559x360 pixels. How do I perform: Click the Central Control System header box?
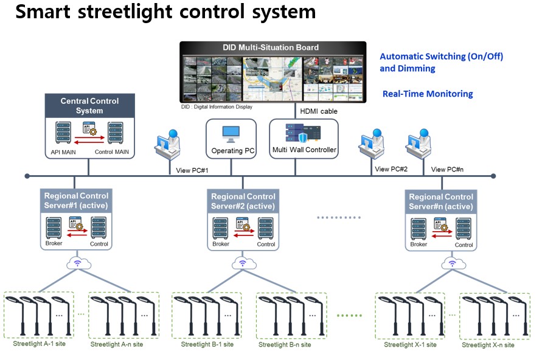pyautogui.click(x=89, y=106)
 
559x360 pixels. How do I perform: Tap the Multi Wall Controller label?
pyautogui.click(x=304, y=150)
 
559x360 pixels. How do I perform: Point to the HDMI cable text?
pyautogui.click(x=319, y=111)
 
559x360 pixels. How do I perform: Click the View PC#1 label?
pyautogui.click(x=192, y=170)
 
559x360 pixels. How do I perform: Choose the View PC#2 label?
pyautogui.click(x=391, y=169)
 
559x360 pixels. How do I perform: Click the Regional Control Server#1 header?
pyautogui.click(x=76, y=201)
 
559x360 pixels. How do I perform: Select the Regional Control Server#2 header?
pyautogui.click(x=243, y=201)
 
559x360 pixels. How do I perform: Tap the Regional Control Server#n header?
pyautogui.click(x=441, y=202)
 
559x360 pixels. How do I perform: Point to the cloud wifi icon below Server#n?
pyautogui.click(x=451, y=263)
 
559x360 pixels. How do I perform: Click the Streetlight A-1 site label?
pyautogui.click(x=40, y=344)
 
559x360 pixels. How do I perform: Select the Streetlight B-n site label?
pyautogui.click(x=285, y=345)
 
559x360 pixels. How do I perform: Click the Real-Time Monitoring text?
pyautogui.click(x=428, y=94)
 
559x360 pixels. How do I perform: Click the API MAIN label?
pyautogui.click(x=60, y=152)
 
